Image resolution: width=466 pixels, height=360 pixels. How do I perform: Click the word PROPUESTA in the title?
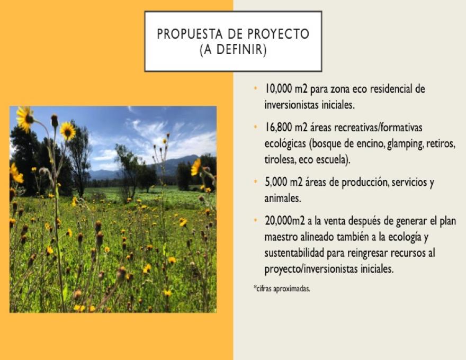coord(190,34)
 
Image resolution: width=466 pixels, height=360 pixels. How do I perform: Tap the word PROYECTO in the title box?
coord(278,34)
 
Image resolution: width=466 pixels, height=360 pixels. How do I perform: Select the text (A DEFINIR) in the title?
coord(233,49)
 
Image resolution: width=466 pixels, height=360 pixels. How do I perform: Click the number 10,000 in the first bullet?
coord(275,88)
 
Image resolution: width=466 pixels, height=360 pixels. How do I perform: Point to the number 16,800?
coord(275,128)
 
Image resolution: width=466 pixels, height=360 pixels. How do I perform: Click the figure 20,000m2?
coord(285,221)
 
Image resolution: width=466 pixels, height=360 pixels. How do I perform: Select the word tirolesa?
coord(279,159)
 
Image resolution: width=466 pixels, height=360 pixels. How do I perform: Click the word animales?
coord(283,198)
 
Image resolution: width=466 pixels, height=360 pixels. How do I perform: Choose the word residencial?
coord(392,88)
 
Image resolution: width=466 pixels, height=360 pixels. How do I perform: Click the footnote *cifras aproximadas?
coord(282,289)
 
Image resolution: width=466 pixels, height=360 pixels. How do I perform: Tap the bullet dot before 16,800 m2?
coord(256,127)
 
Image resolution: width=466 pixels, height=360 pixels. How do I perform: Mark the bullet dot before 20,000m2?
coord(256,220)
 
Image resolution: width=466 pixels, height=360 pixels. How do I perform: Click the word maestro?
coord(281,237)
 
